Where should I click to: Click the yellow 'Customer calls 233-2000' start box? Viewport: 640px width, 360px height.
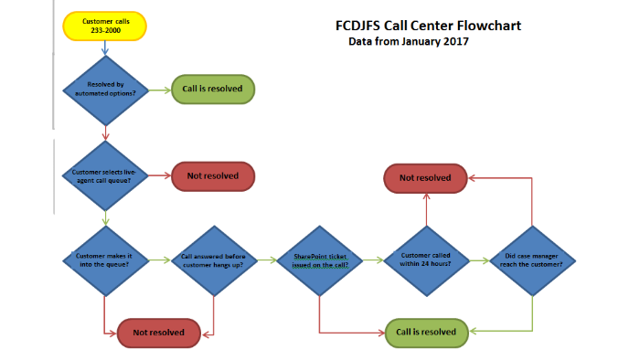pos(105,26)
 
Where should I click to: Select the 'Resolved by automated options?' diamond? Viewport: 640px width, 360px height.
pos(105,90)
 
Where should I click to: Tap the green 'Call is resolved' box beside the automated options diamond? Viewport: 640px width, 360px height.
pos(213,90)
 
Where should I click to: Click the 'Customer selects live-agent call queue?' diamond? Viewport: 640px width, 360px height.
pos(105,175)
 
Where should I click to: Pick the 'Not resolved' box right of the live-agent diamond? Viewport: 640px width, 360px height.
pos(213,175)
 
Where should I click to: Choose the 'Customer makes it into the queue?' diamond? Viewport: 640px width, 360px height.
pos(105,259)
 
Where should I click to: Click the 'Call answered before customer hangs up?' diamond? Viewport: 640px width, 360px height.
pos(213,259)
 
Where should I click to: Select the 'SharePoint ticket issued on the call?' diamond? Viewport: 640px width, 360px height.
pos(319,259)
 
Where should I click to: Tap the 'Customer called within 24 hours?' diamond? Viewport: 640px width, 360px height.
pos(426,259)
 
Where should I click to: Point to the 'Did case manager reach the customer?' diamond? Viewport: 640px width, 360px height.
pos(533,259)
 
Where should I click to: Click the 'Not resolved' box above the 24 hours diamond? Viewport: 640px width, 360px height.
pos(425,178)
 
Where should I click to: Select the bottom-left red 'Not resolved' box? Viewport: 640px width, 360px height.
pos(158,333)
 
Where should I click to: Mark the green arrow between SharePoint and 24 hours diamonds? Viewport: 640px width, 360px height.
pos(372,259)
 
